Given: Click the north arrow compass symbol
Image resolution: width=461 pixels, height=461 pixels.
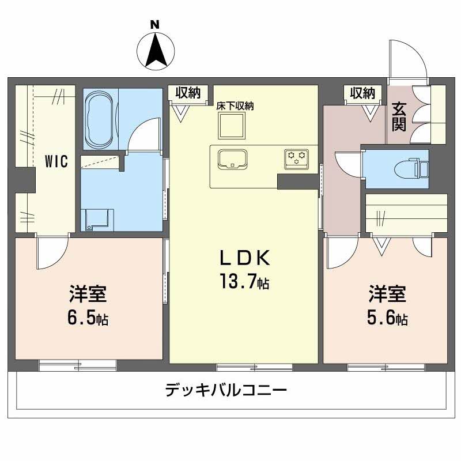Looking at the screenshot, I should (x=156, y=50).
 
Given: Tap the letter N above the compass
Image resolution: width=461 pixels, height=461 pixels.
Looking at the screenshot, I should (x=154, y=24).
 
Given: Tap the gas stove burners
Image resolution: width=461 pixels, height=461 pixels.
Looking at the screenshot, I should (x=297, y=157).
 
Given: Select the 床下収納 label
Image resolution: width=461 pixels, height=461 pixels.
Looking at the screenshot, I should (x=235, y=106).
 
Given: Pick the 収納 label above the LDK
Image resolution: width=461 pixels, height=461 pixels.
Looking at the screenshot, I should (x=188, y=92).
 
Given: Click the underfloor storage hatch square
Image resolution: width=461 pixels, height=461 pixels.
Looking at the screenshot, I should (x=232, y=124).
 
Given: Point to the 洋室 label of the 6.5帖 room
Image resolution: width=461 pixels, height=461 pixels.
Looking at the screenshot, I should (x=88, y=294).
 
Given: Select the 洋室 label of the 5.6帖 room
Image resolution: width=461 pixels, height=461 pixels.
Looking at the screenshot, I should (x=387, y=294).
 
